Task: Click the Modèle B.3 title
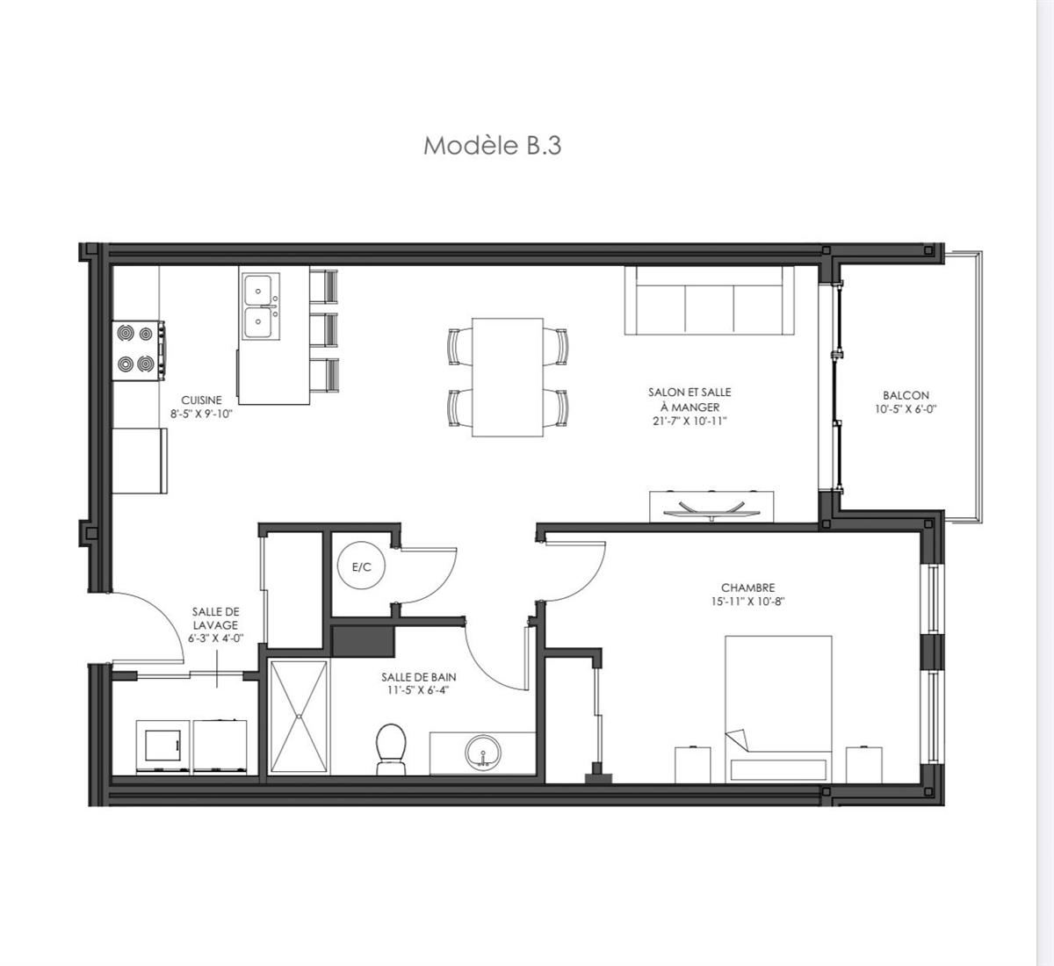[x=492, y=145]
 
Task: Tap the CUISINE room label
[x=201, y=400]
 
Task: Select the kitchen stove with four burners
[x=139, y=350]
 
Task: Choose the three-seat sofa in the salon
[x=708, y=301]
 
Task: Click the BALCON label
[x=906, y=395]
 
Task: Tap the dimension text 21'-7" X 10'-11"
[x=689, y=422]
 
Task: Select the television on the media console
[x=712, y=508]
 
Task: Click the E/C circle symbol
[x=361, y=567]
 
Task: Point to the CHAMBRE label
[x=748, y=588]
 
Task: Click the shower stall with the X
[x=299, y=717]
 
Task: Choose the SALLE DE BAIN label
[x=419, y=677]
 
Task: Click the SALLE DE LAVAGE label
[x=215, y=618]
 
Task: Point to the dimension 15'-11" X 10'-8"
[x=748, y=602]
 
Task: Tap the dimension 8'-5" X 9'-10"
[x=201, y=415]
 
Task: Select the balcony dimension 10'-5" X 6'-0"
[x=906, y=409]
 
